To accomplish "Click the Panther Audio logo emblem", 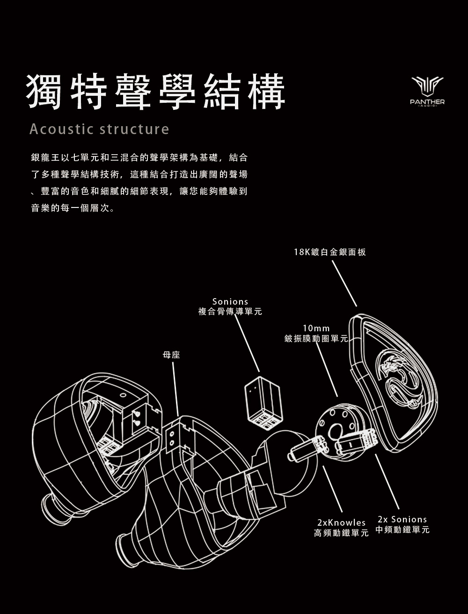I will [x=427, y=86].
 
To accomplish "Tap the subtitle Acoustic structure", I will [x=99, y=129].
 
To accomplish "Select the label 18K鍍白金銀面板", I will [x=330, y=252].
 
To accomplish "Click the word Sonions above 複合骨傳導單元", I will [x=230, y=302].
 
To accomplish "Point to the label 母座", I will [x=171, y=355].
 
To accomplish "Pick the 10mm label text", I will [x=316, y=328].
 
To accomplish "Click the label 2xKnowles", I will [x=341, y=522].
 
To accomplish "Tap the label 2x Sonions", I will [x=402, y=520].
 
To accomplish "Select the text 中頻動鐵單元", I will [x=402, y=530].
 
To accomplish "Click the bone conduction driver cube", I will [x=263, y=402].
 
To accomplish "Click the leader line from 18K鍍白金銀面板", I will [x=344, y=283].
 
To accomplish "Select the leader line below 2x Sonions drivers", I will [x=387, y=481].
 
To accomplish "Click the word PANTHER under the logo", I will [x=427, y=102].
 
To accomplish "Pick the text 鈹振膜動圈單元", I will [x=316, y=338].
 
